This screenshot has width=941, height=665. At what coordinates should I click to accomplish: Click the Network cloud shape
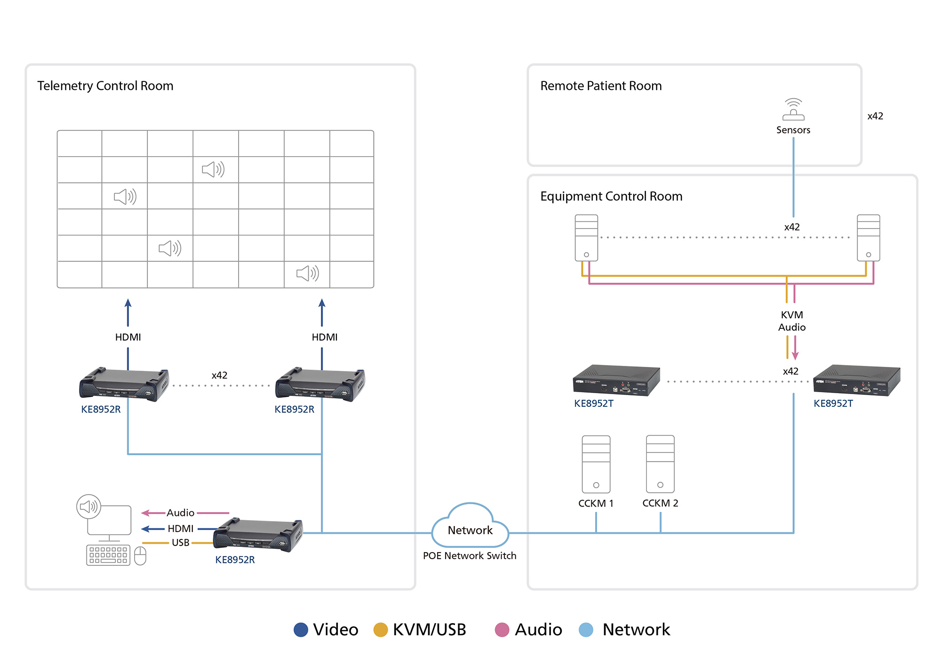470,526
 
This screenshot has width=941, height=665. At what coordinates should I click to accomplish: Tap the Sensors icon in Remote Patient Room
793,110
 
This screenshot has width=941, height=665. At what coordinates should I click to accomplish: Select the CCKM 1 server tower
596,464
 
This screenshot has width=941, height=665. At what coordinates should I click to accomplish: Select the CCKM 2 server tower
660,464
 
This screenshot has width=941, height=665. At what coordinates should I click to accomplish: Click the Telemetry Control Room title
105,86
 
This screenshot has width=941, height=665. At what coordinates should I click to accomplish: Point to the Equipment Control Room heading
611,196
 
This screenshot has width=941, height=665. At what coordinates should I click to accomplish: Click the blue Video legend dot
301,630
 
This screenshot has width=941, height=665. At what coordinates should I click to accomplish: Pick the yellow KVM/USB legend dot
380,630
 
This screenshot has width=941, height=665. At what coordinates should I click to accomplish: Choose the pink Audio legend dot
502,630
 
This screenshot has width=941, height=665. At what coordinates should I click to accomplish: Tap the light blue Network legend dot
586,630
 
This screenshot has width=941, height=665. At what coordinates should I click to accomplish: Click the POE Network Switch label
470,556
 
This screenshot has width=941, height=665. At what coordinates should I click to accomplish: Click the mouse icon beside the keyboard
140,556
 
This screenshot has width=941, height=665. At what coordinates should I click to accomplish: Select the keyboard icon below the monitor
108,555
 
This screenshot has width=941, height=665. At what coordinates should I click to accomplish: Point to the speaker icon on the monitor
88,507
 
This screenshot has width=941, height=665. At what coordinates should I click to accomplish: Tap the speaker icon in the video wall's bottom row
307,273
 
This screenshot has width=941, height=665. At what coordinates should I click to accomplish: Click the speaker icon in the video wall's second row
213,169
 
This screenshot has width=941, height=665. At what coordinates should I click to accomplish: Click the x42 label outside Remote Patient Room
875,116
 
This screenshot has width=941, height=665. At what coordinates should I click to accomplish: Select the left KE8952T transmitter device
616,380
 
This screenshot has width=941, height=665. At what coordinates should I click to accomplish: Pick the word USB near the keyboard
181,543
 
